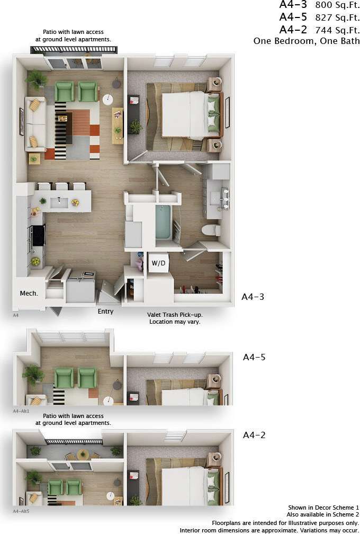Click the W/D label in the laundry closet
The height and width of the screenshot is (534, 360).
[x=158, y=263]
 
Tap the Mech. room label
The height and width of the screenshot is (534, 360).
[x=29, y=293]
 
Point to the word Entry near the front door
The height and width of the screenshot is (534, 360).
[x=105, y=311]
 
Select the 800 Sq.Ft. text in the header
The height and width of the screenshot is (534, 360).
[x=337, y=5]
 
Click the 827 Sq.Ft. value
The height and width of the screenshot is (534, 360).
[x=337, y=17]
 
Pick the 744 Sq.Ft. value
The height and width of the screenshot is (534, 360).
[x=337, y=30]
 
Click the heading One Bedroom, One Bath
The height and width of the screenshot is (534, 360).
[x=307, y=41]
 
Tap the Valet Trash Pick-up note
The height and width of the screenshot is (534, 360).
[x=175, y=315]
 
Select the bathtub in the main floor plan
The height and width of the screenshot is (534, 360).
[x=164, y=222]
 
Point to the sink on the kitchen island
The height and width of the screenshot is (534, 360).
[x=59, y=202]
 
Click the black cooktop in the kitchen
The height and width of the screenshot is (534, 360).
[x=38, y=235]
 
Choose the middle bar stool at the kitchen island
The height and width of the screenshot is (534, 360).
[x=62, y=186]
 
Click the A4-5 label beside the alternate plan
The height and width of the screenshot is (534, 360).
[x=254, y=357]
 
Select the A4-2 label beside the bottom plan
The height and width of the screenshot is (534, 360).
[x=254, y=435]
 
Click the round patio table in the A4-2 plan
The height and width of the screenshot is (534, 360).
[x=83, y=454]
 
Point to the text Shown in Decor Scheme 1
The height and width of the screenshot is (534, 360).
[x=323, y=508]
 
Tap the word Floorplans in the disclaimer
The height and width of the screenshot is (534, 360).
[x=228, y=523]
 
